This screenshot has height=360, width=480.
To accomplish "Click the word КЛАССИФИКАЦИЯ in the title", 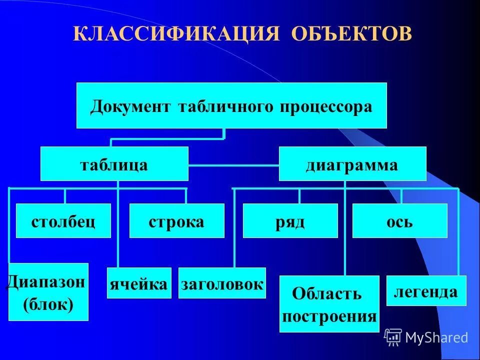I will [175, 34].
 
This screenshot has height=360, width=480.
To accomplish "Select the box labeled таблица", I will [114, 164].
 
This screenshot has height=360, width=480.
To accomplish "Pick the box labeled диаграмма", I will [352, 164].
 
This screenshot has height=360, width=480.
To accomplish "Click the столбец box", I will [63, 221].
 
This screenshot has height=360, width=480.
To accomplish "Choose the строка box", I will [176, 221].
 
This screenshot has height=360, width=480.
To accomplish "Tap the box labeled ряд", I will [290, 221].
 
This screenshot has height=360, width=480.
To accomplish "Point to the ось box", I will [399, 221].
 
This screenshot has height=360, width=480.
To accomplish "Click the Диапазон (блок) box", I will [48, 292].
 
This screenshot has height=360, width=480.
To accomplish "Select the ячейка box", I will [139, 283].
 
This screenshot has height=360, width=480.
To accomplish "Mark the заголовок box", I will [222, 283].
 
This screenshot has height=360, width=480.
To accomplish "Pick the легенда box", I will [426, 290].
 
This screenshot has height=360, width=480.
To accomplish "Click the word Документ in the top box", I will [130, 106].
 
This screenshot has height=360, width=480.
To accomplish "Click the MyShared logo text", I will [436, 337].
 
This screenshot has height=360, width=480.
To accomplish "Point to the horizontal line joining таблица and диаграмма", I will [233, 165].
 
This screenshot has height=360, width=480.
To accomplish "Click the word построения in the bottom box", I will [329, 316].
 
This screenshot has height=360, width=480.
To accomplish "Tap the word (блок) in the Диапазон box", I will [48, 304].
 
